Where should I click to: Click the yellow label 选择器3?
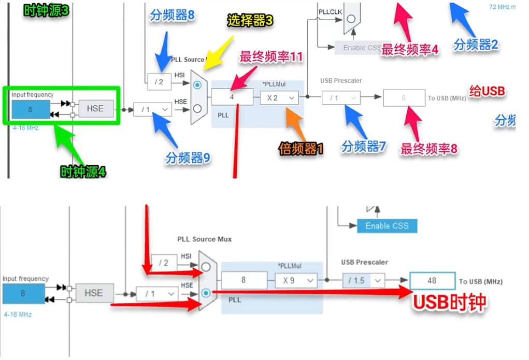tap(250, 21)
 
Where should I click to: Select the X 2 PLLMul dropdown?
tap(279, 97)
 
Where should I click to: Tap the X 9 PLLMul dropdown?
tap(295, 280)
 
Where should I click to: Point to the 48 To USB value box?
tap(432, 280)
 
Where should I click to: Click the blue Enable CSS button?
tap(387, 226)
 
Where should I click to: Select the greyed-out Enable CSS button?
tap(362, 48)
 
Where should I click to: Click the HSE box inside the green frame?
tap(95, 109)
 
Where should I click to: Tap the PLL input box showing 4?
tap(232, 97)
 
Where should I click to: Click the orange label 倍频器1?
tap(301, 149)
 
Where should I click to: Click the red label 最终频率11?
tap(271, 57)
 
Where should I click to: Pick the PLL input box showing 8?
tap(244, 280)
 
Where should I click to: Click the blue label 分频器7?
tap(363, 147)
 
